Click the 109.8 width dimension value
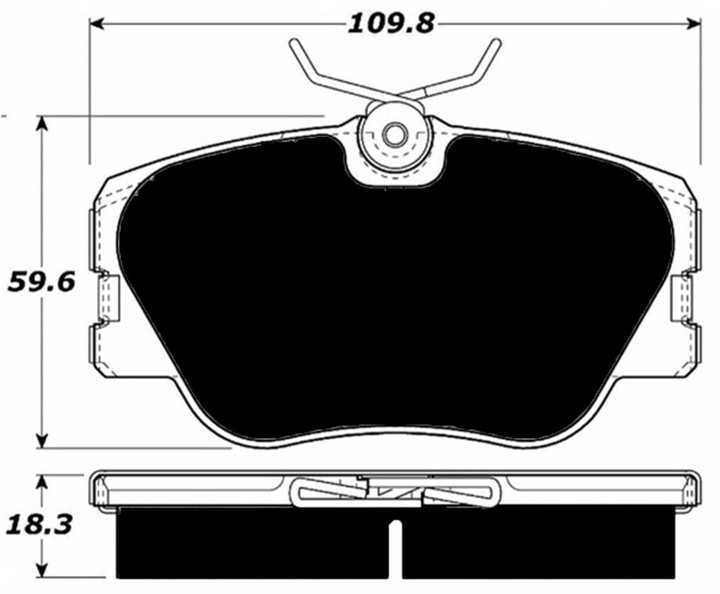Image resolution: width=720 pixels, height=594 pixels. pos(390,24)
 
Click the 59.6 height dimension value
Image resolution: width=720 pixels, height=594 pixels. pos(41,282)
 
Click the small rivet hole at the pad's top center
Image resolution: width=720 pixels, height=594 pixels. pos(394,137)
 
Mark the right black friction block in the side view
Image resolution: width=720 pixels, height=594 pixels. pos(539,541)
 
